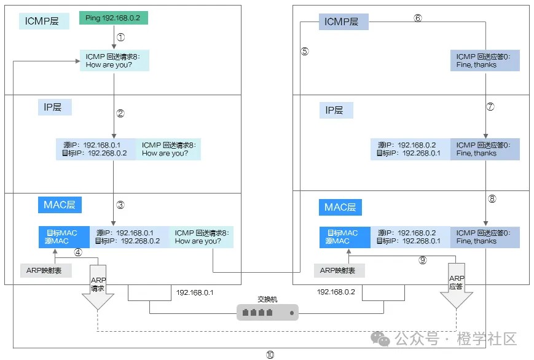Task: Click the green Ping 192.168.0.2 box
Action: tap(114, 18)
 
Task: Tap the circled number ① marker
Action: tap(120, 37)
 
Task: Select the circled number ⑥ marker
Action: tap(418, 18)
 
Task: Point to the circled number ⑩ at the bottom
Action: tap(270, 354)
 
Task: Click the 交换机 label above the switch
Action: tap(267, 299)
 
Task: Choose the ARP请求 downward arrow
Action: tap(98, 286)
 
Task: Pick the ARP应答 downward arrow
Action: tap(456, 286)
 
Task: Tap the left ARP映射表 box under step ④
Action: tap(45, 270)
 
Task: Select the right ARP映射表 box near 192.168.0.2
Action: tap(339, 270)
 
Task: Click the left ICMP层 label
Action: tap(42, 22)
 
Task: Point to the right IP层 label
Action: tap(336, 111)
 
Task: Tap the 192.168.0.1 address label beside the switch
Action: tap(195, 292)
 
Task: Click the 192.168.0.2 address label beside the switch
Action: tap(336, 292)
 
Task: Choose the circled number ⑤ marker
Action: tap(304, 52)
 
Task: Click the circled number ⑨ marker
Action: tap(423, 260)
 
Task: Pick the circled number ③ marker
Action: tap(120, 205)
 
